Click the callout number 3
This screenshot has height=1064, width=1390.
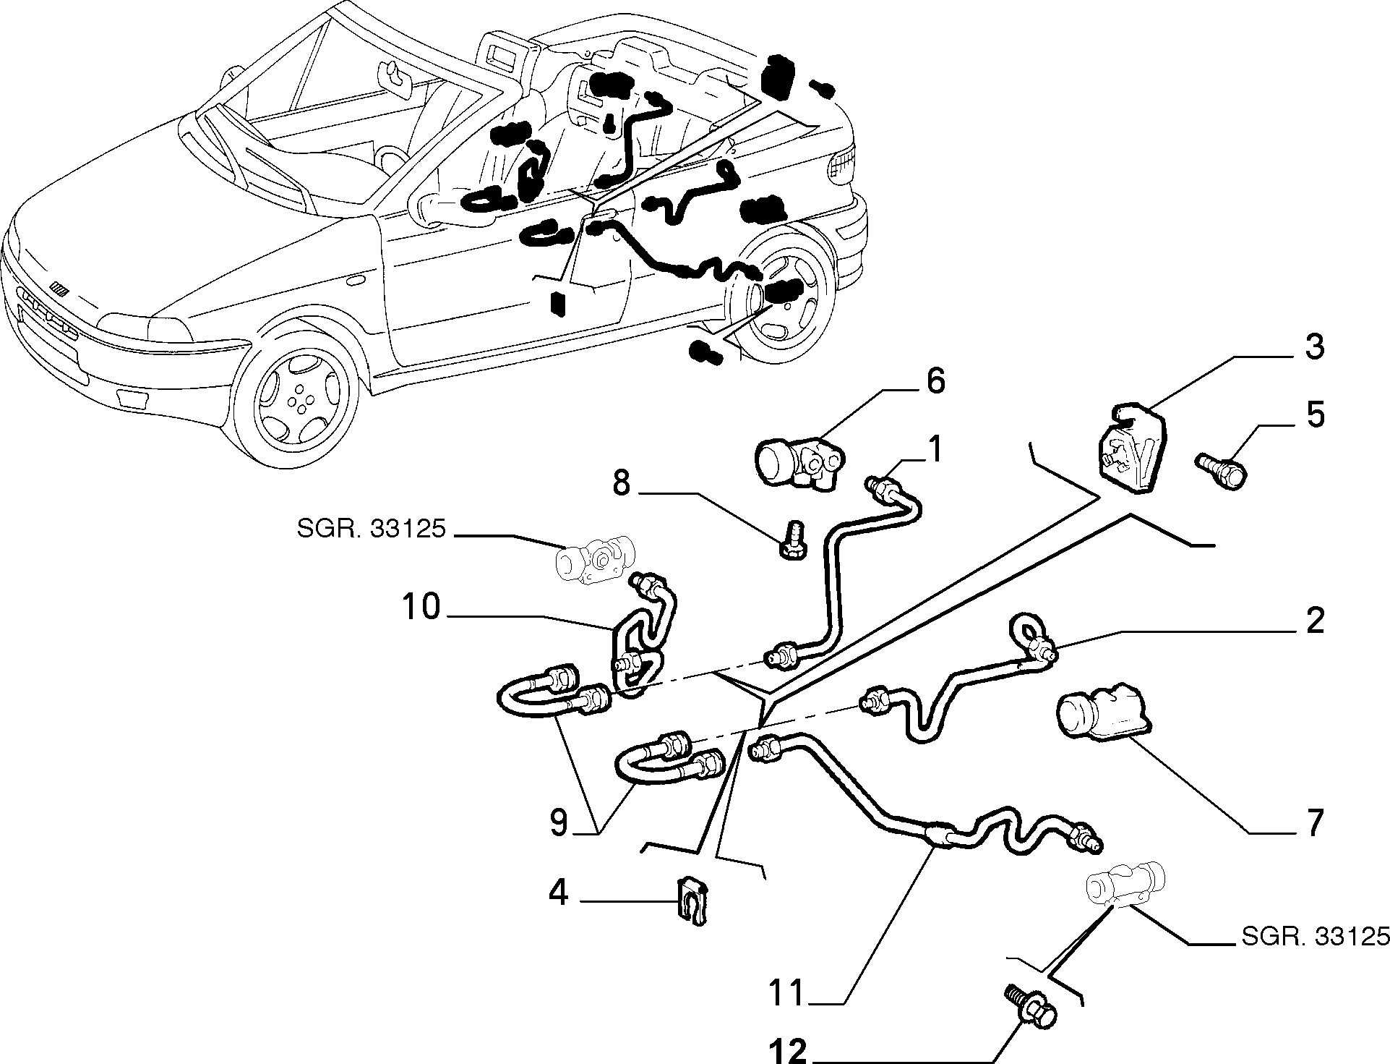(1314, 346)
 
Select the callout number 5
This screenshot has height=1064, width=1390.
(1315, 416)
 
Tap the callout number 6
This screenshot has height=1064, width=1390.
(935, 380)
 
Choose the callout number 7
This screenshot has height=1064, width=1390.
(1313, 822)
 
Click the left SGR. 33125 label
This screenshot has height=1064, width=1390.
(370, 531)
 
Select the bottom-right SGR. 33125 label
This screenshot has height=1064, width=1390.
(1315, 936)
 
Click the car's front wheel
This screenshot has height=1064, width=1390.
(299, 400)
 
